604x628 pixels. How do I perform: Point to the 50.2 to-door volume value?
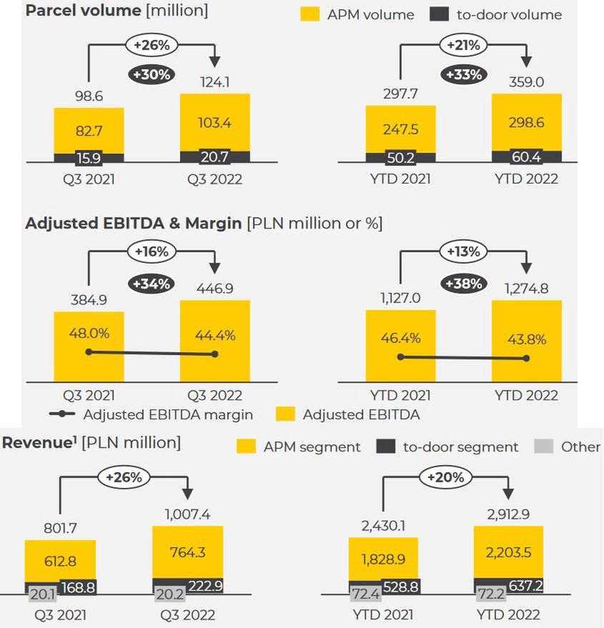tap(400, 158)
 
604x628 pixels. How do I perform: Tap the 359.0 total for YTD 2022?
tap(526, 82)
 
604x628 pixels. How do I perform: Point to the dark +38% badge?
tap(463, 284)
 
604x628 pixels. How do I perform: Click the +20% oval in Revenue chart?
tap(446, 477)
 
